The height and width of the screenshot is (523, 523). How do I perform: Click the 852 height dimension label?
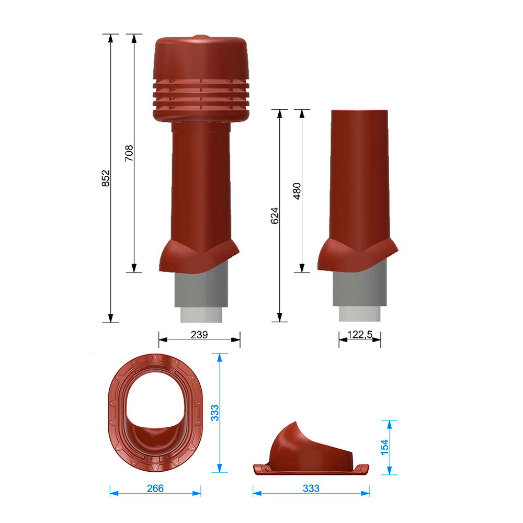[x=106, y=178]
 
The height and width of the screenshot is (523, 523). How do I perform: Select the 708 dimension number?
[x=129, y=153]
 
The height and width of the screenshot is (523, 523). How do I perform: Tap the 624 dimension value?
[x=275, y=215]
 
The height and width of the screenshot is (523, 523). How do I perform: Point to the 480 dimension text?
[x=297, y=191]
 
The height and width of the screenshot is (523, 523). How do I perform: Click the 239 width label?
[x=199, y=335]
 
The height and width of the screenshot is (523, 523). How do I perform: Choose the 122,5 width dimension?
[x=360, y=335]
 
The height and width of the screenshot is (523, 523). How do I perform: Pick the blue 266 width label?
[x=155, y=488]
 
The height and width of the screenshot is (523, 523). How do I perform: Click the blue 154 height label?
[x=384, y=447]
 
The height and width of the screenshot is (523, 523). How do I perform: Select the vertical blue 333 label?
[x=215, y=413]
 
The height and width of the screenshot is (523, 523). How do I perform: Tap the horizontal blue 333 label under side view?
[x=311, y=488]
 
